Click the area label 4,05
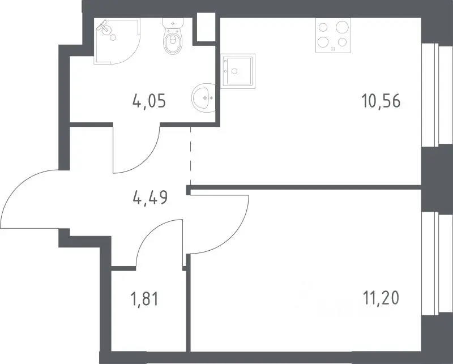149,101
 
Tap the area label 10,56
381,101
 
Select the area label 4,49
150,198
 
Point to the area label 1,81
145,299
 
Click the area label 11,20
381,298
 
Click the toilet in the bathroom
173,36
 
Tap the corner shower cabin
117,41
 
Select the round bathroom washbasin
204,98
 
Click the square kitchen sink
238,71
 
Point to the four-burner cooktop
333,36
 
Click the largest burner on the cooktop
342,27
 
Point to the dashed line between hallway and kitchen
191,156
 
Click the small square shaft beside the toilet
206,27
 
